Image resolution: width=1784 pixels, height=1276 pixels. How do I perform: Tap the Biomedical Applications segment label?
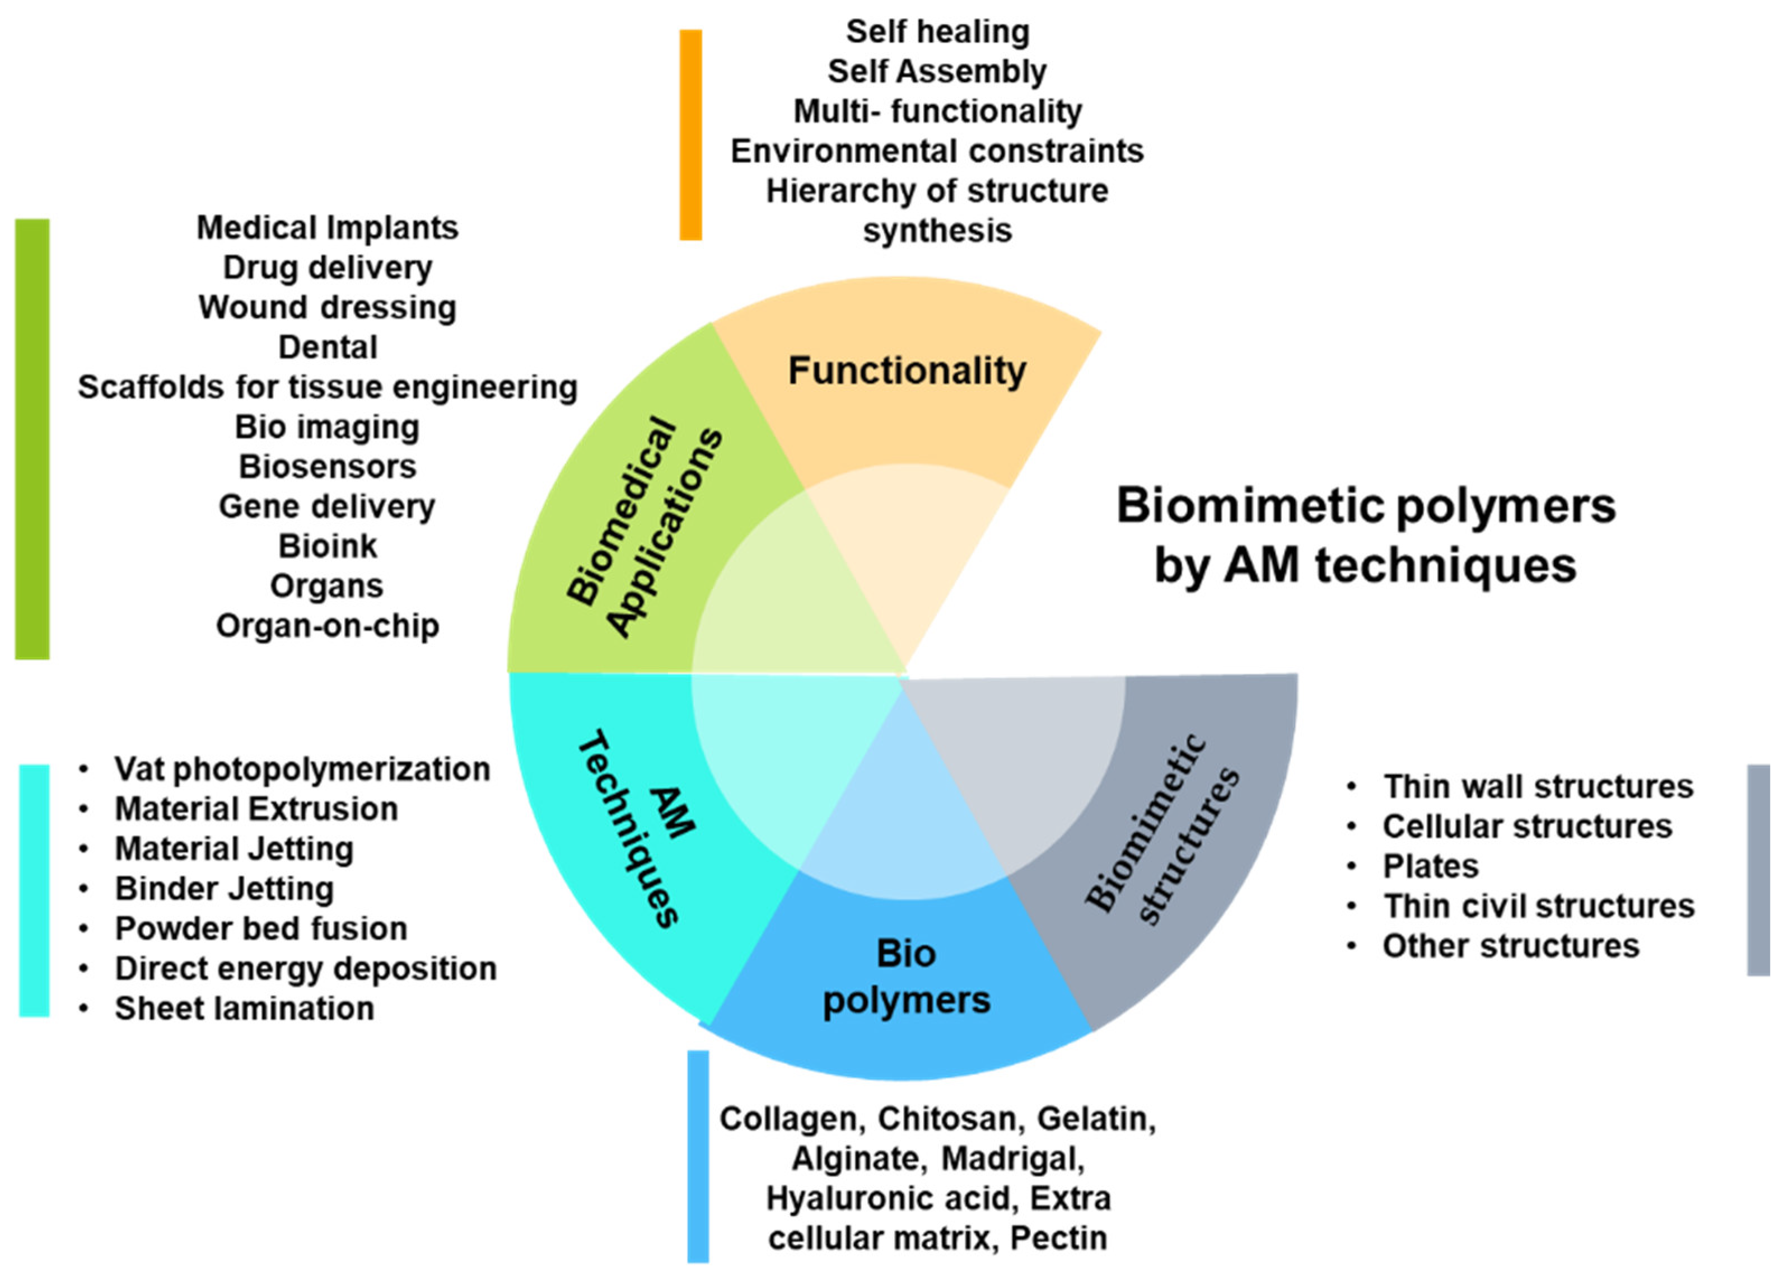point(643,525)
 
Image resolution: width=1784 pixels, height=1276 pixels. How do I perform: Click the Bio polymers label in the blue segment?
point(906,977)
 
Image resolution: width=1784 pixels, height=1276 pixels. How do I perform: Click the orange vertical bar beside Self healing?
point(690,134)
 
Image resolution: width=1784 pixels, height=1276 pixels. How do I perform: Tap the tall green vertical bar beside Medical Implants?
point(32,438)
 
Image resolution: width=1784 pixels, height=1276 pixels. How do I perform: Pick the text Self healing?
point(937,32)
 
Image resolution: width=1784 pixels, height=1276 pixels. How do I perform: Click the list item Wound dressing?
point(327,307)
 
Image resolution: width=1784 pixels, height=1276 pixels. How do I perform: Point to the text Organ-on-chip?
point(327,626)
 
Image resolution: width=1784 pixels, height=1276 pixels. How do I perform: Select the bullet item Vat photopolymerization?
point(302,769)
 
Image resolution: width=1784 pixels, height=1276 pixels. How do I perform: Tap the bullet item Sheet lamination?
point(244,1008)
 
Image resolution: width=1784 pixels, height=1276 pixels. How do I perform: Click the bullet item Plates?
point(1430,866)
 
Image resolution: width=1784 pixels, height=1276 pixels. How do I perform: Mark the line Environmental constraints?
point(937,151)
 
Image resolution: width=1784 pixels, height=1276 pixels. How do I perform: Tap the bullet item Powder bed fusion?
point(261,928)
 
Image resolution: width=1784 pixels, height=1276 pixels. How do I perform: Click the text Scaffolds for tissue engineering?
point(327,387)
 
